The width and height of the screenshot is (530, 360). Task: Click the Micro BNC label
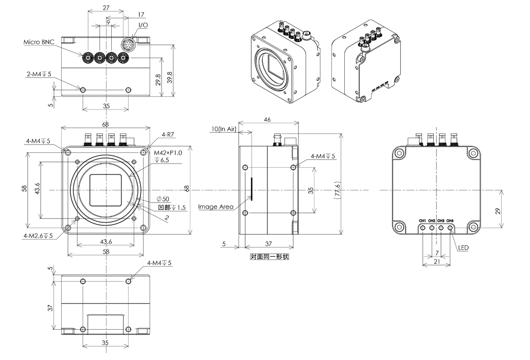39,41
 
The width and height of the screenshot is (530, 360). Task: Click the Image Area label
216,207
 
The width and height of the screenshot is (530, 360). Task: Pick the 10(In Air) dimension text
223,129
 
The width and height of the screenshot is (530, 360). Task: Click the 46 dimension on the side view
268,119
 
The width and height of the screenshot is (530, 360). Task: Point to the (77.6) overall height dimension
337,191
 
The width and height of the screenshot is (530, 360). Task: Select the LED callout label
463,247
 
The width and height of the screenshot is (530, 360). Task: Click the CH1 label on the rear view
422,221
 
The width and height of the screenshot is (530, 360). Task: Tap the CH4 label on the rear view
450,221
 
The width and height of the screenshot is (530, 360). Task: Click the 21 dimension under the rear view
436,262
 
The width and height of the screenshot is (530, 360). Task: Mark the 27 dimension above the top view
105,8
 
